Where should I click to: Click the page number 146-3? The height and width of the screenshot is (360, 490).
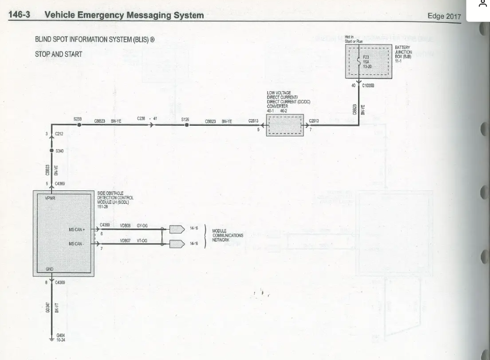click(19, 15)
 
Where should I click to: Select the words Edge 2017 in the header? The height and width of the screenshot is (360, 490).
click(444, 16)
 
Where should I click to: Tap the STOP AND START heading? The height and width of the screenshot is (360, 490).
click(59, 54)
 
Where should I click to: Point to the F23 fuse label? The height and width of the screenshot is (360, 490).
click(366, 58)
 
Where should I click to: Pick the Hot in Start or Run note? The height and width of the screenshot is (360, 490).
click(353, 39)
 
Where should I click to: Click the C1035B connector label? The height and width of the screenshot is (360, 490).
click(368, 86)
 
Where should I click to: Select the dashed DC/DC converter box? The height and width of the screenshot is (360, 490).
click(285, 125)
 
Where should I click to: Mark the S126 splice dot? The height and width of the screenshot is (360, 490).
click(186, 125)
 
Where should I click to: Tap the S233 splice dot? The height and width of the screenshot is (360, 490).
click(78, 125)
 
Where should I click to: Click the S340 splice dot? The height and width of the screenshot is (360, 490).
click(51, 151)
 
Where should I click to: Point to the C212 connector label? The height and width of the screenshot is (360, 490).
click(59, 134)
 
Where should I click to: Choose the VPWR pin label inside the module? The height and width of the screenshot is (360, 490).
click(50, 198)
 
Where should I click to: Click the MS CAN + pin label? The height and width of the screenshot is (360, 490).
click(77, 230)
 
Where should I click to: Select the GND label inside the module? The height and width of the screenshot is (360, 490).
click(49, 269)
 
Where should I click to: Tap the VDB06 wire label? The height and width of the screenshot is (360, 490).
click(125, 226)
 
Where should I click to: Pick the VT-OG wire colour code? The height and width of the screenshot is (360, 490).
click(142, 240)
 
